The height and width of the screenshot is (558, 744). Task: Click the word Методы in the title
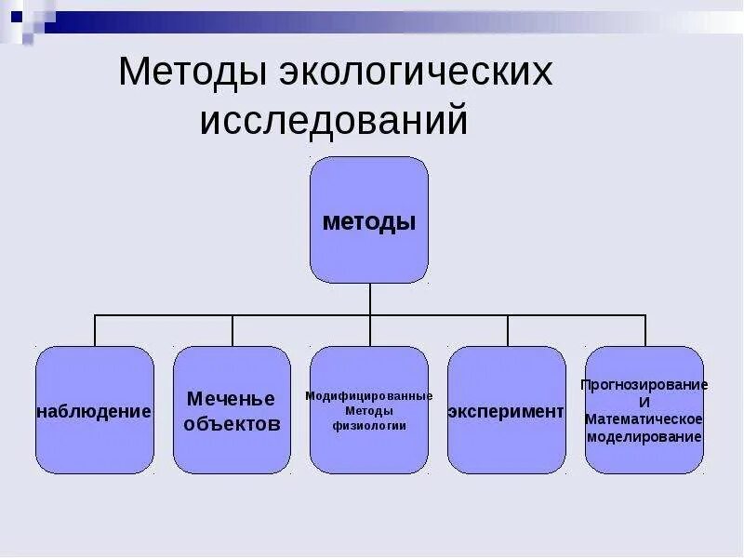[192, 73]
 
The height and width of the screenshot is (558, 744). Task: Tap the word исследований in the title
[333, 122]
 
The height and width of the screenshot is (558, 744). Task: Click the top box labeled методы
[369, 220]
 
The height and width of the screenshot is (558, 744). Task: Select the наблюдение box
[94, 410]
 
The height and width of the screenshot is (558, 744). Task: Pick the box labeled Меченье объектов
[232, 410]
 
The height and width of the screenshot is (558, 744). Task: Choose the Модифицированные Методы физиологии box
[369, 410]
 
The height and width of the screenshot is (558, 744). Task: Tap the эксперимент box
[507, 410]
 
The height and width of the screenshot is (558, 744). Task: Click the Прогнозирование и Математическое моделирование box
[644, 410]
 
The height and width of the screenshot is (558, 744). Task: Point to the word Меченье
[232, 399]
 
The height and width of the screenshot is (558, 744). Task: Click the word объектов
[232, 424]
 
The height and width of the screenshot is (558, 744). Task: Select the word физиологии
[369, 426]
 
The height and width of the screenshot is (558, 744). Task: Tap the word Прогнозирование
[644, 384]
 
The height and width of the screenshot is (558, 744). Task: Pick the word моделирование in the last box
[644, 436]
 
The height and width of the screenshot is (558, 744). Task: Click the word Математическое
[644, 419]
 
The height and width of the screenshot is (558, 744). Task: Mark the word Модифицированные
[369, 395]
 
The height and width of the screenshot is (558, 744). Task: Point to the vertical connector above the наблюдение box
[95, 331]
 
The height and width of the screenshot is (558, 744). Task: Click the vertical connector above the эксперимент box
[508, 331]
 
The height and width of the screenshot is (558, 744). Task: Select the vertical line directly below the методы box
[370, 299]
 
